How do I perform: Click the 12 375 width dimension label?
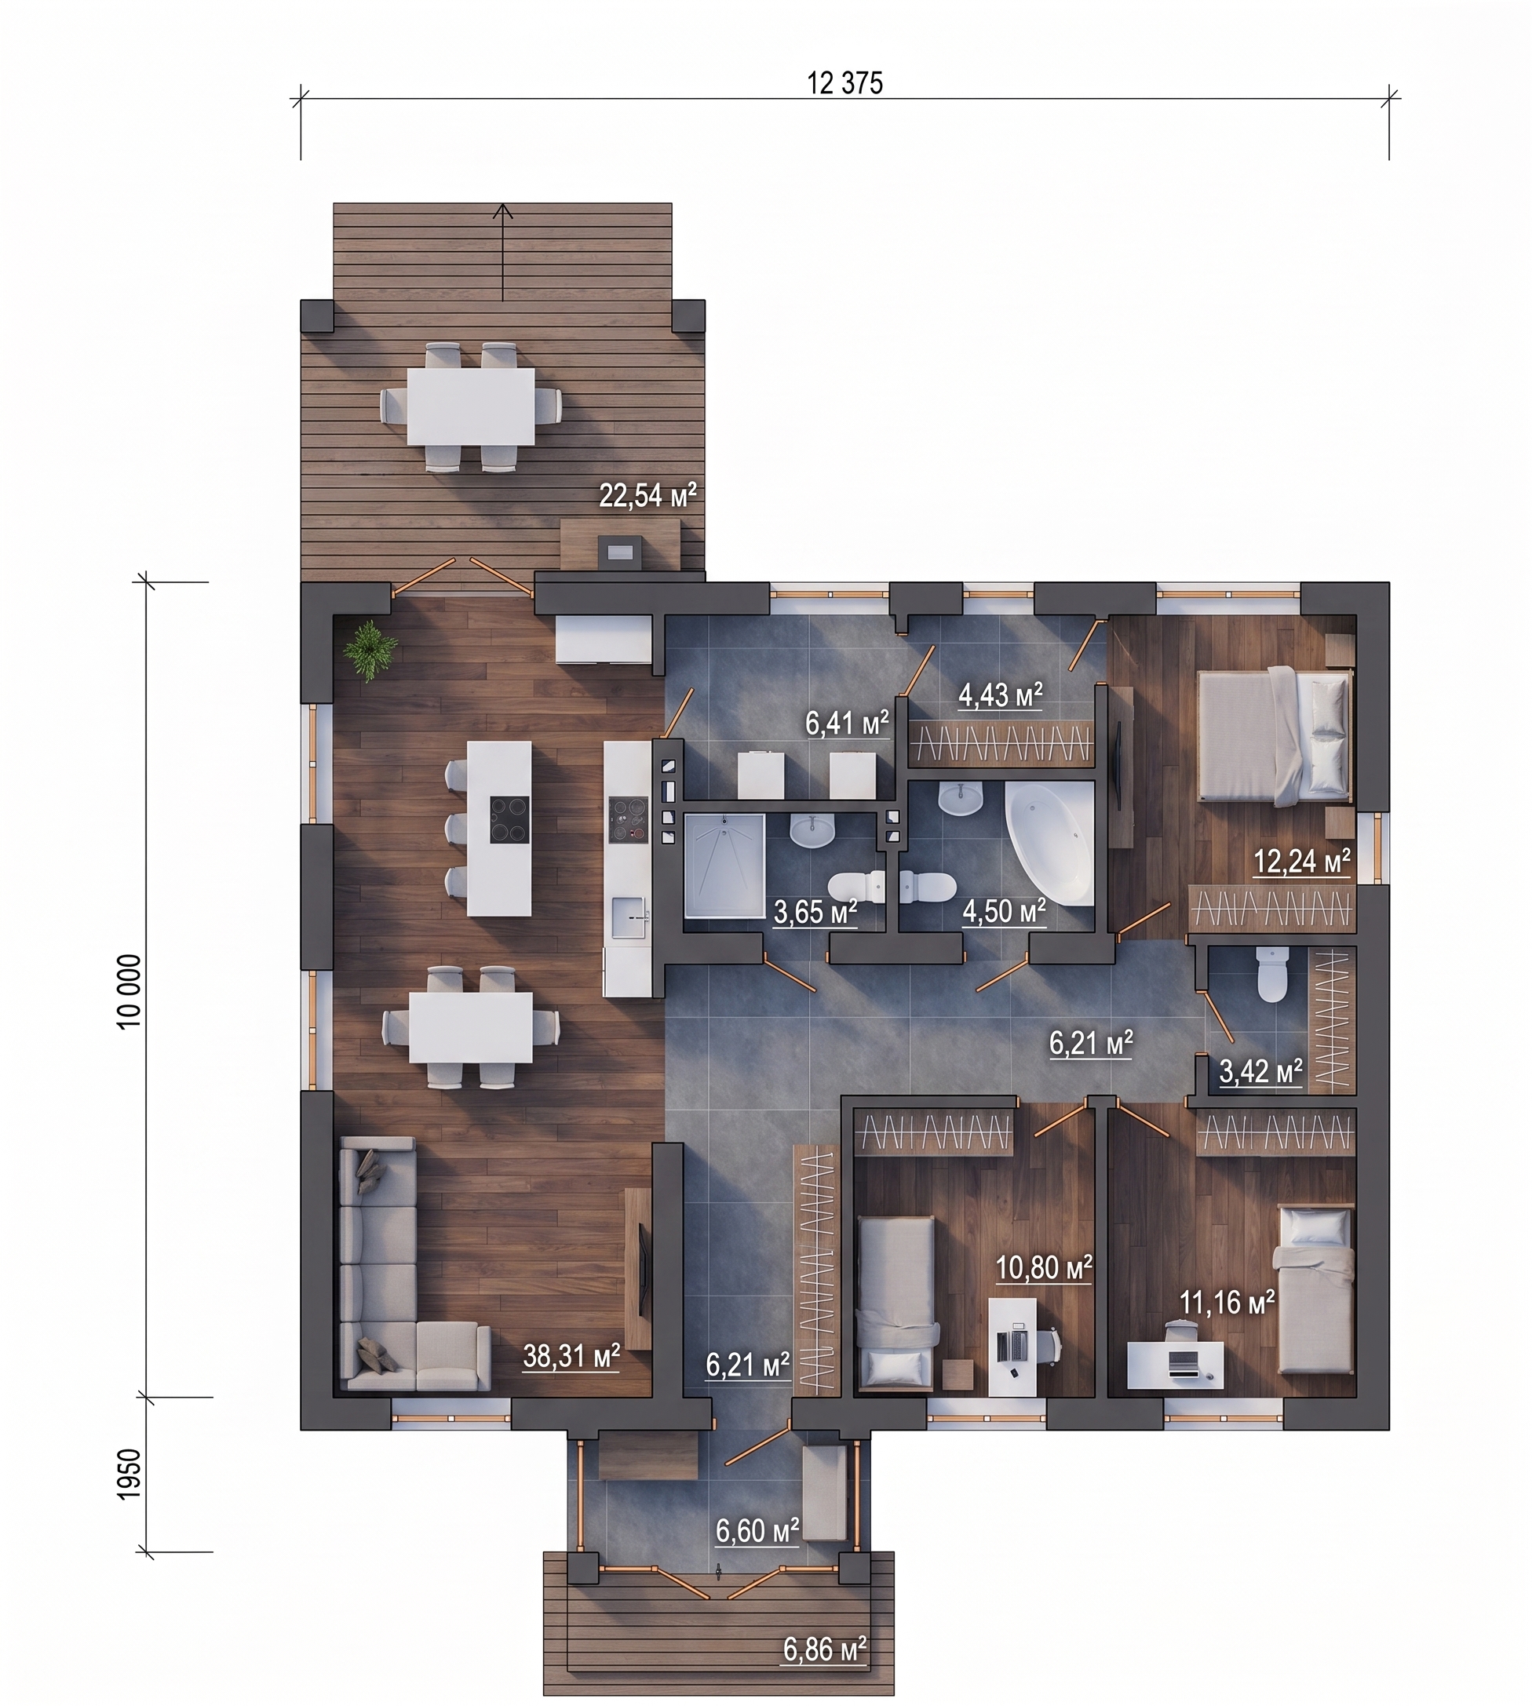point(845,83)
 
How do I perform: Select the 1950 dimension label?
point(129,1474)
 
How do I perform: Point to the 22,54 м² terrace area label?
point(648,496)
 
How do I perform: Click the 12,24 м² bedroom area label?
point(1302,862)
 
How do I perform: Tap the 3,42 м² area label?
point(1261,1072)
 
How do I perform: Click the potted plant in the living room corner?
point(367,650)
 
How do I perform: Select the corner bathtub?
point(1049,844)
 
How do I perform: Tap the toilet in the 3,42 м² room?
point(1271,974)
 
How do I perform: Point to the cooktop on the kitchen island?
point(510,820)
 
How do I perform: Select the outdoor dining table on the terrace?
point(472,406)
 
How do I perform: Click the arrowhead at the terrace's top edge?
point(503,210)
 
